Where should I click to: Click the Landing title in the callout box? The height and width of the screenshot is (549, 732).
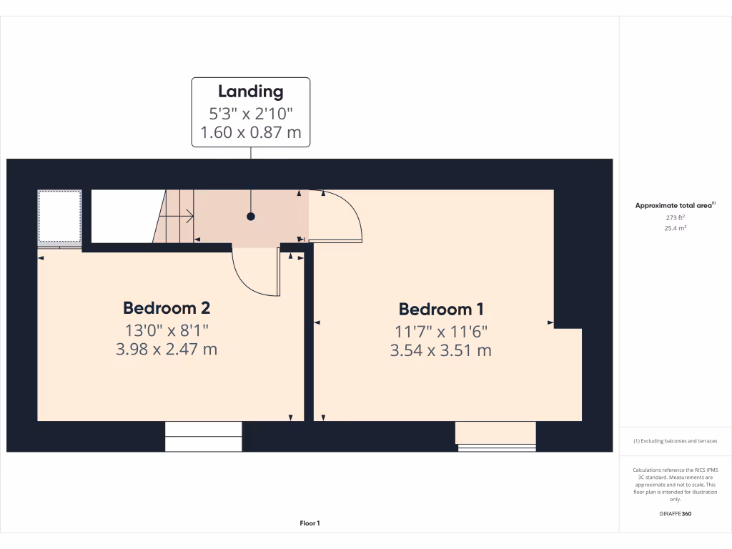[251, 91]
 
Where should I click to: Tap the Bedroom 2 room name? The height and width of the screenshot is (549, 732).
[167, 308]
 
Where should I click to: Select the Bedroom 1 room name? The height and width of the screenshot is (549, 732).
[441, 310]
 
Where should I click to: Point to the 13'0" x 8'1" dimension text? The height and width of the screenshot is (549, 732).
[167, 330]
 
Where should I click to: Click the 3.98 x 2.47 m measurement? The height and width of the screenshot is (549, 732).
[167, 350]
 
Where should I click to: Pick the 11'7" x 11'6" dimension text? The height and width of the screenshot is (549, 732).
[442, 332]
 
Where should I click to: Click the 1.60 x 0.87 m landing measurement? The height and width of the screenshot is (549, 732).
[251, 132]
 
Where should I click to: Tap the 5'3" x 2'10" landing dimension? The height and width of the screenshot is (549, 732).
[251, 113]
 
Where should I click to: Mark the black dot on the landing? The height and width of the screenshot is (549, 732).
[251, 216]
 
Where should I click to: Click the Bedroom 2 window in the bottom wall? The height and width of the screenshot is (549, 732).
[204, 436]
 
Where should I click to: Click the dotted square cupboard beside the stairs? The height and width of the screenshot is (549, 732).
[59, 216]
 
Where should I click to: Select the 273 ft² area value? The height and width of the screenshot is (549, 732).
[674, 217]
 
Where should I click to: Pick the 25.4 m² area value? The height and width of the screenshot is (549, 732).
[674, 228]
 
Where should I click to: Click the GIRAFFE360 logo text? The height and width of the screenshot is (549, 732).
[676, 514]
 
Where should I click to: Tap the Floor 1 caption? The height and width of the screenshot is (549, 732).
[310, 524]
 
